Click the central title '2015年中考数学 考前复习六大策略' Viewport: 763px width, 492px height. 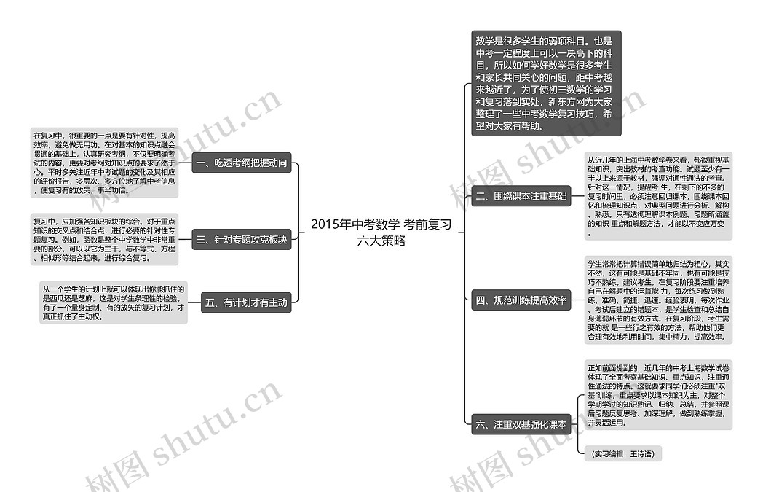381,232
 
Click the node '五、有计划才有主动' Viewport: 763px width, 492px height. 246,302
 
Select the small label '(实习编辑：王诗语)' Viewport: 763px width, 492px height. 622,454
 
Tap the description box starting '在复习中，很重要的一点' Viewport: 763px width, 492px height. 104,163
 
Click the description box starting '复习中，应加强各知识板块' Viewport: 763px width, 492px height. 104,239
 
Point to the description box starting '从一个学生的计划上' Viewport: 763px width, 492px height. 113,302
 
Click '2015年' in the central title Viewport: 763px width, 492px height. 328,224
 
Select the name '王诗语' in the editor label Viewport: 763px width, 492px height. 641,454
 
